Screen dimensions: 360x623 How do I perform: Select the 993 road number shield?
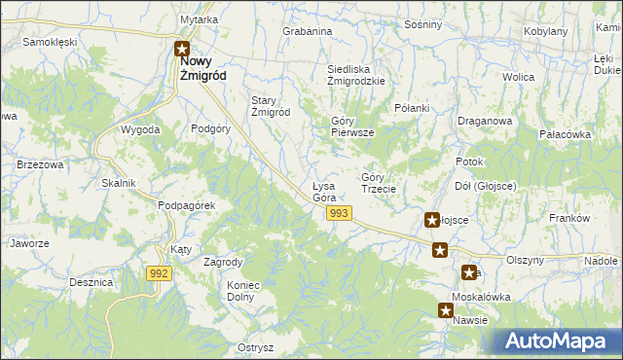[339, 213]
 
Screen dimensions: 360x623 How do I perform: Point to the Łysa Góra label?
[323, 192]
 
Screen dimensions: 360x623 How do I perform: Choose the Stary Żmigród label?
[272, 106]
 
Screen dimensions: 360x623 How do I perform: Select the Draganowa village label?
[485, 122]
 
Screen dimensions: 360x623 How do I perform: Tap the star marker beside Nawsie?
[445, 311]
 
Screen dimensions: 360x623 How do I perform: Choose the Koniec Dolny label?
[242, 291]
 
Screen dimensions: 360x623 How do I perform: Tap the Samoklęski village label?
[50, 43]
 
